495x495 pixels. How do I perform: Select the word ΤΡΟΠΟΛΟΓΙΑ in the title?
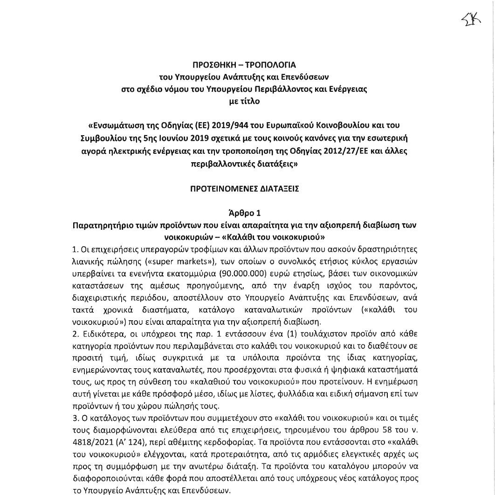coord(272,65)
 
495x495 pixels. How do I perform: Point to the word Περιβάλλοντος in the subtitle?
coord(288,89)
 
